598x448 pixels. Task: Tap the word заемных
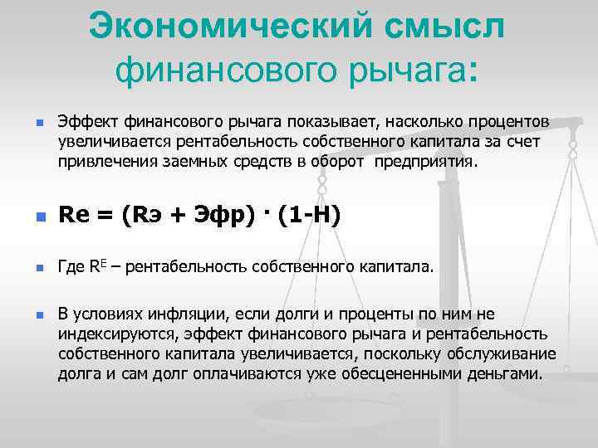click(184, 159)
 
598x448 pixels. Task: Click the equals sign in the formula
click(106, 217)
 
